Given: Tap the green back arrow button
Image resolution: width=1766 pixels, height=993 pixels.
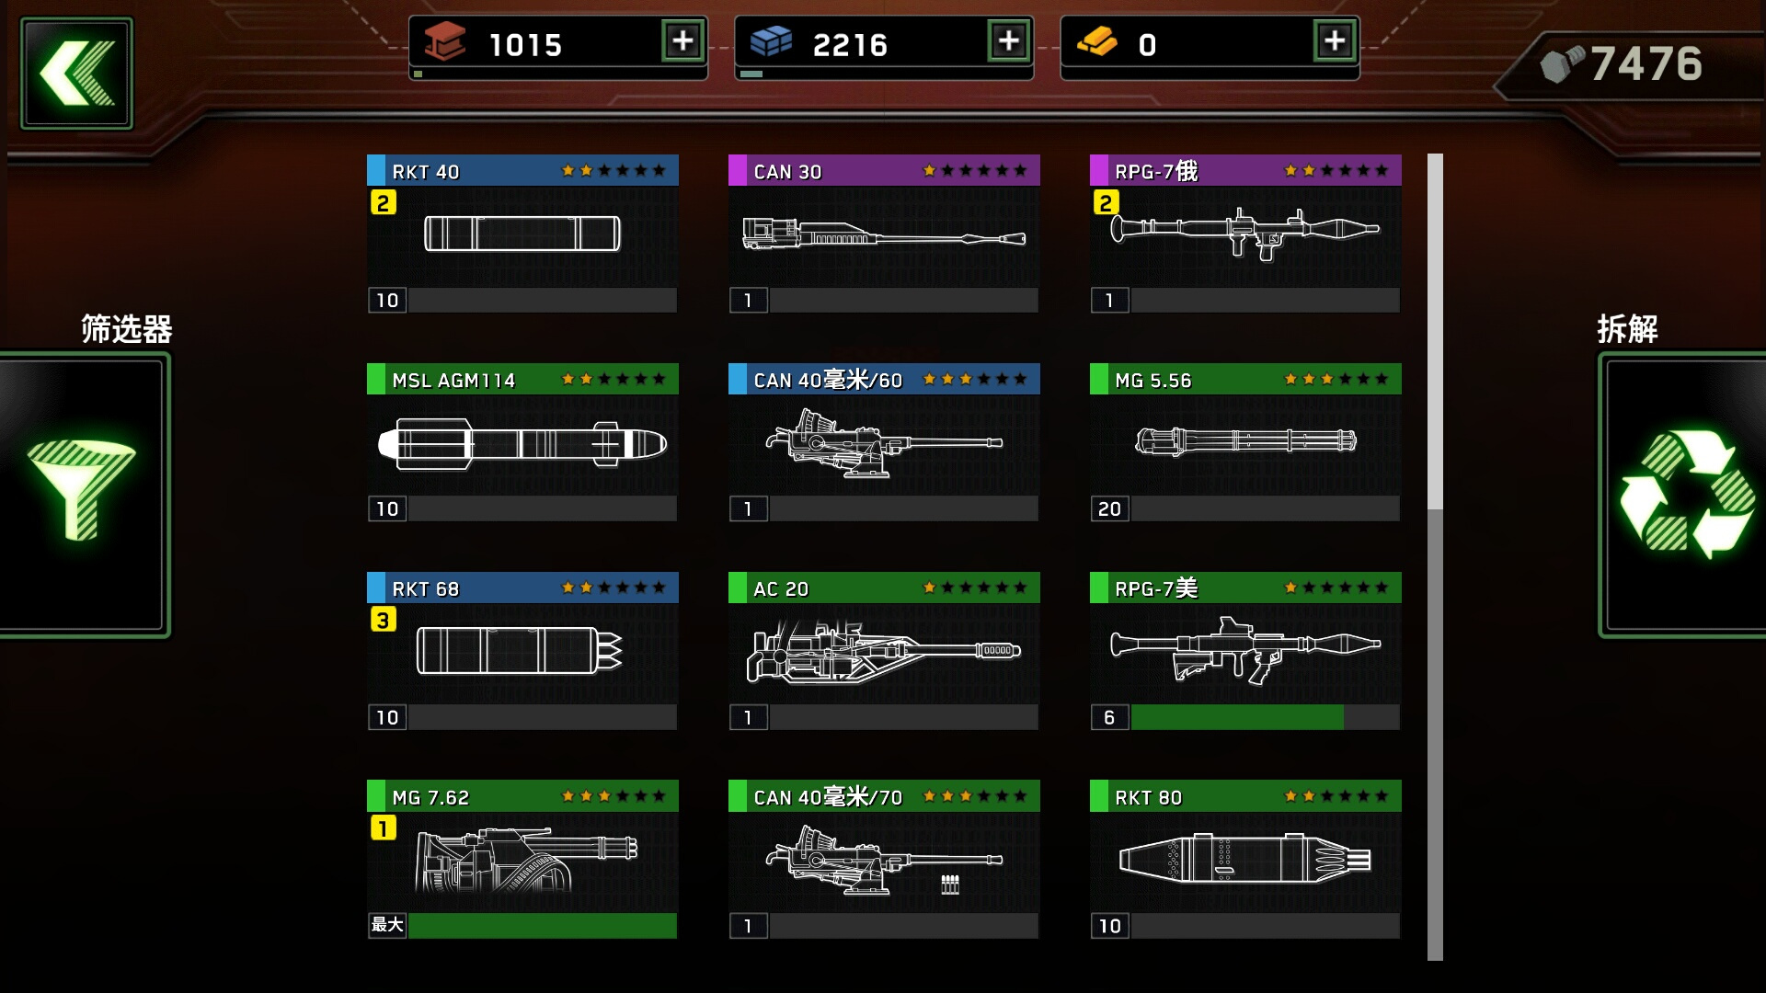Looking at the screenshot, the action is (x=77, y=74).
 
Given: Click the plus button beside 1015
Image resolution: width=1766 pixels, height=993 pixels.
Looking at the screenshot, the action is (x=683, y=41).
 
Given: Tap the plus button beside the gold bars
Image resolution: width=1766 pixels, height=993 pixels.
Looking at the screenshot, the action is (x=1335, y=41).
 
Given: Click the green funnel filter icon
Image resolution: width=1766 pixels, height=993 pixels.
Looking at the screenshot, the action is (x=81, y=487).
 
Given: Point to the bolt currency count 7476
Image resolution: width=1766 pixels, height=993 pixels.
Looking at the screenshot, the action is (x=1646, y=64).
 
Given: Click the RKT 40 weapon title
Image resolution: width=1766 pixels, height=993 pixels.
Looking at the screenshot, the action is (x=425, y=172).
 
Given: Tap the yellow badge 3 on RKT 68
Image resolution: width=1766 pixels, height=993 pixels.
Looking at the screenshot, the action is (x=384, y=620).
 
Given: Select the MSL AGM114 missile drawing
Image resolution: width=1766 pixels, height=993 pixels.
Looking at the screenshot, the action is (x=522, y=444).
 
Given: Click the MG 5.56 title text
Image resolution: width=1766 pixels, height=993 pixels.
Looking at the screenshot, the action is (x=1152, y=381).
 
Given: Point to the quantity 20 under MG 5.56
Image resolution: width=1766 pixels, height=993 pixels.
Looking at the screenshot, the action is (x=1109, y=509).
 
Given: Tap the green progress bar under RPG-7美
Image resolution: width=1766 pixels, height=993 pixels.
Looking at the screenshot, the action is (x=1237, y=717).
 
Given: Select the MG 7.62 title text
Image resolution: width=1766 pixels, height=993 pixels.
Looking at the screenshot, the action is (x=430, y=798).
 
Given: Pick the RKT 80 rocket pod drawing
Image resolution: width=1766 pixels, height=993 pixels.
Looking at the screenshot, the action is (x=1245, y=859).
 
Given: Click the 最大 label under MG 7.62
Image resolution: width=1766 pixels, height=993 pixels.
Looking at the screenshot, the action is (x=387, y=925).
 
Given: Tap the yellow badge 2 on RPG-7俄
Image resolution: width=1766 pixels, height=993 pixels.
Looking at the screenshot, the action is (x=1107, y=202).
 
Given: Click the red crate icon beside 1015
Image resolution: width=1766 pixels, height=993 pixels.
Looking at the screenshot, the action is (x=445, y=41).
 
